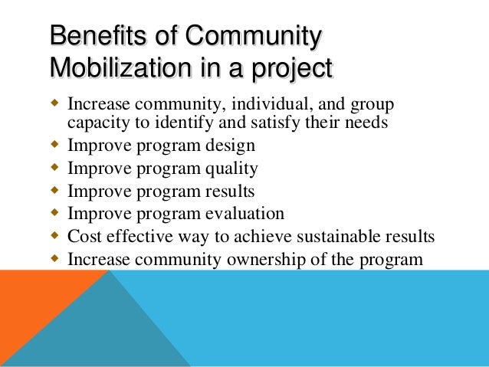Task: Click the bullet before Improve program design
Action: [54, 145]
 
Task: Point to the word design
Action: [228, 146]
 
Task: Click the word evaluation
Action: [244, 214]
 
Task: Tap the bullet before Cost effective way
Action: [54, 235]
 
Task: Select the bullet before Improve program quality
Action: [54, 168]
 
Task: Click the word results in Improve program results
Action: [228, 191]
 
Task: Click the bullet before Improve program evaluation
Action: [54, 213]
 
